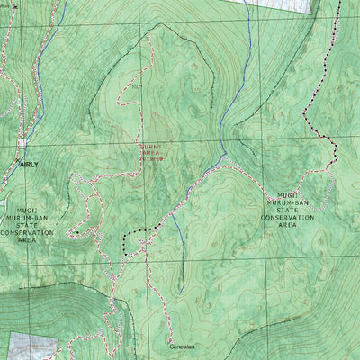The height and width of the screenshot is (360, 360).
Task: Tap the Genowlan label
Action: pyautogui.click(x=183, y=346)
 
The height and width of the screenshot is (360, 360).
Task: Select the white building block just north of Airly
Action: pyautogui.click(x=22, y=141)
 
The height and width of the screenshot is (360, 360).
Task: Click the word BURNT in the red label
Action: pyautogui.click(x=150, y=146)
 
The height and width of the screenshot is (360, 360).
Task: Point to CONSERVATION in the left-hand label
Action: pyautogui.click(x=27, y=232)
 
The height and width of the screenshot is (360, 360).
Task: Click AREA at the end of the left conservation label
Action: pyautogui.click(x=27, y=241)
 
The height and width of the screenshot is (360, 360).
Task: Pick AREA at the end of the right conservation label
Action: pyautogui.click(x=287, y=225)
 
